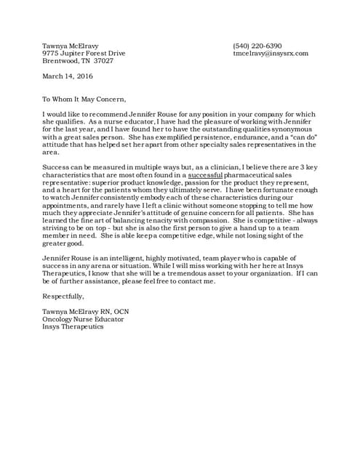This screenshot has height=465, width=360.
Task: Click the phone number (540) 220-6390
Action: click(257, 46)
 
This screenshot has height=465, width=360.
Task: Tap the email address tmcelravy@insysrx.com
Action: click(271, 54)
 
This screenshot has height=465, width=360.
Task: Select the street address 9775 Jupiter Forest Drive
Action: click(84, 54)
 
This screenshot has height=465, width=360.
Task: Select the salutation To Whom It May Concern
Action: click(84, 100)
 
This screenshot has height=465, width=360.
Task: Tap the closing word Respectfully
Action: click(63, 296)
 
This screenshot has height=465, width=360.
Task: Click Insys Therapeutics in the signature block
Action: click(73, 326)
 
